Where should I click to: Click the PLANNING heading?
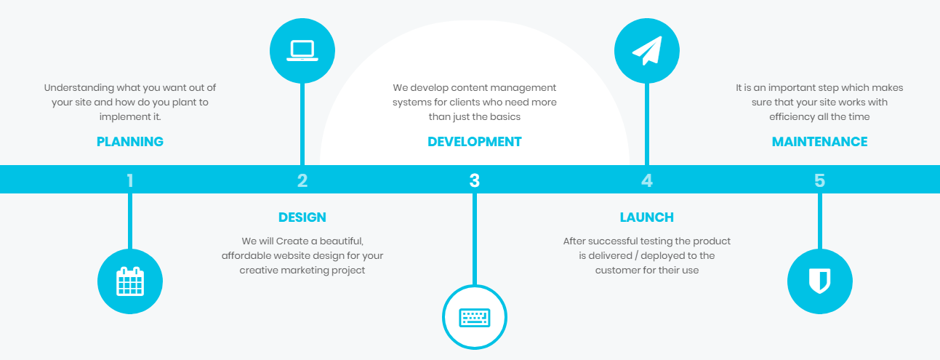pos(130,142)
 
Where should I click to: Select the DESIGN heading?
pos(302,217)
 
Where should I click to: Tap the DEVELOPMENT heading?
pos(475,142)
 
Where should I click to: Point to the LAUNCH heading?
pos(647,217)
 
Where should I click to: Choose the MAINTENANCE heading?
pos(819,142)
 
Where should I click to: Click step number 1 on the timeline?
pos(130,180)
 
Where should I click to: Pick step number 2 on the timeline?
pos(302,180)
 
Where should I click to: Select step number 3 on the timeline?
pos(475,180)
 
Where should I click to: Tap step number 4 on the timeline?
pos(647,180)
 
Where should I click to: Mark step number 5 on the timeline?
pos(819,180)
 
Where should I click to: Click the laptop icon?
pos(302,51)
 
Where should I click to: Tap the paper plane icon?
pos(647,51)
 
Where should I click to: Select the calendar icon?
pos(130,281)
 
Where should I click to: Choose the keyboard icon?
pos(475,318)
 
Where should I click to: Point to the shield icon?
pos(819,281)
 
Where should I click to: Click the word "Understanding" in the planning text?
pos(76,88)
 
